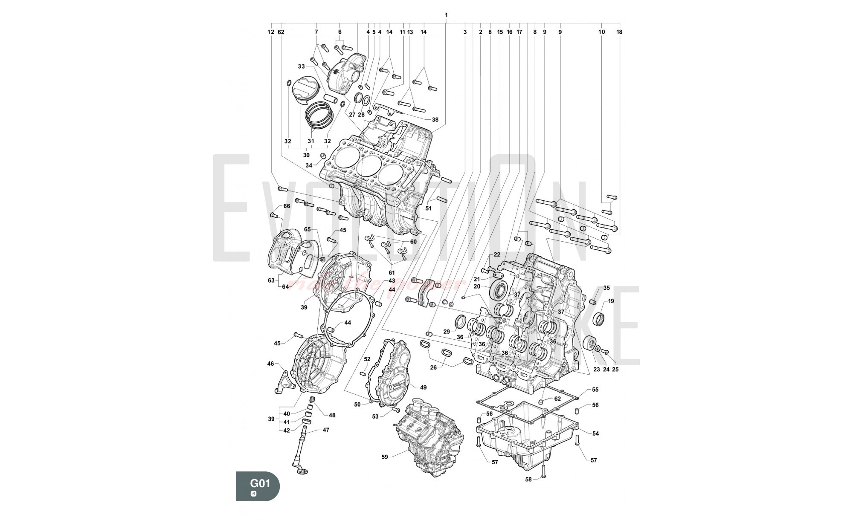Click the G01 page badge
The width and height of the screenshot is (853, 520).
pos(258,486)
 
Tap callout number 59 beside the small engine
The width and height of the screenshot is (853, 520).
pos(385,457)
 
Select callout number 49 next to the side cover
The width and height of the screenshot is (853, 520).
pos(423,387)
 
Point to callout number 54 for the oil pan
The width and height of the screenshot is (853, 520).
pos(595,433)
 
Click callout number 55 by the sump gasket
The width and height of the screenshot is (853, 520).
pos(595,390)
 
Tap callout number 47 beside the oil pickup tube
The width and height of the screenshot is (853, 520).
pos(326,430)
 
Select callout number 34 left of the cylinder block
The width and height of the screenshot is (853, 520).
pos(309,165)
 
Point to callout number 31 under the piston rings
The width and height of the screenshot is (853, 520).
pos(311,141)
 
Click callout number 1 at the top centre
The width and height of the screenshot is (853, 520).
pos(446,15)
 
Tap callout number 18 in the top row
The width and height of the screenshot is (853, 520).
pos(619,32)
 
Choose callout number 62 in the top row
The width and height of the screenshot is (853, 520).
pos(281,32)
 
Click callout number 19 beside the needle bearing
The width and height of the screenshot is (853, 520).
pos(611,301)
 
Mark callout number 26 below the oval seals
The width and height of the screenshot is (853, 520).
pos(434,367)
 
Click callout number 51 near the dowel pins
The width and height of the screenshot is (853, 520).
pos(429,208)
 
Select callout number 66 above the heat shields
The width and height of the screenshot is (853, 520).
pos(287,206)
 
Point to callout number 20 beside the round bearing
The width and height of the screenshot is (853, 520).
pos(477,286)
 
